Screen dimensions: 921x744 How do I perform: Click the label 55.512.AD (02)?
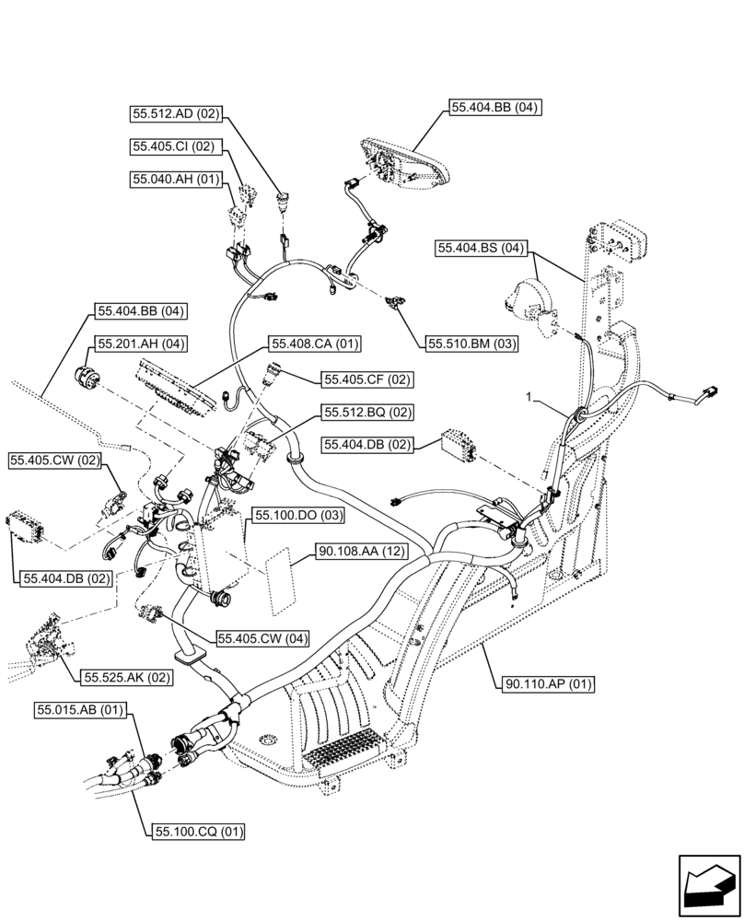point(176,114)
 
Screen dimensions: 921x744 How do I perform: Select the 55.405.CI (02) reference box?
point(173,146)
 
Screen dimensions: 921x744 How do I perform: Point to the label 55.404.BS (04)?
point(482,248)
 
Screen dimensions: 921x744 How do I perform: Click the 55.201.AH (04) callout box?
point(138,344)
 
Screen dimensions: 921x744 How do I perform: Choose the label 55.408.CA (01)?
point(314,344)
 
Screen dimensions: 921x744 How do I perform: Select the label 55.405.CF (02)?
point(367,379)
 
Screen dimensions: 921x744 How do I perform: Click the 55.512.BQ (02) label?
point(367,412)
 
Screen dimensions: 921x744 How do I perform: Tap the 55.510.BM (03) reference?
point(471,344)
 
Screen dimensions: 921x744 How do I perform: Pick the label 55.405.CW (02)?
point(54,460)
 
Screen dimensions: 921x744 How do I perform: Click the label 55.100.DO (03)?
point(299,515)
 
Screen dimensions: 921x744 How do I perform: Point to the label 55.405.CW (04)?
point(262,637)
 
